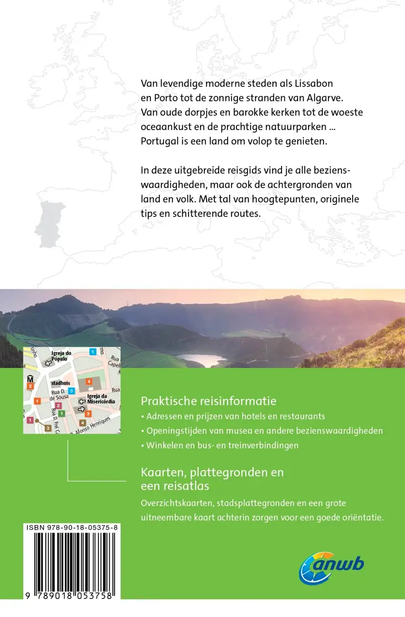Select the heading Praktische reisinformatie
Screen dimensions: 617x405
(x=208, y=400)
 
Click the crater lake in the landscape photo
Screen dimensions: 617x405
(x=198, y=360)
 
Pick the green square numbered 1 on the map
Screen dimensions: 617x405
(x=62, y=413)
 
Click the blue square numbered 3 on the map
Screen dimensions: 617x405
(x=72, y=391)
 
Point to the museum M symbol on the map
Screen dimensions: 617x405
(x=30, y=378)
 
